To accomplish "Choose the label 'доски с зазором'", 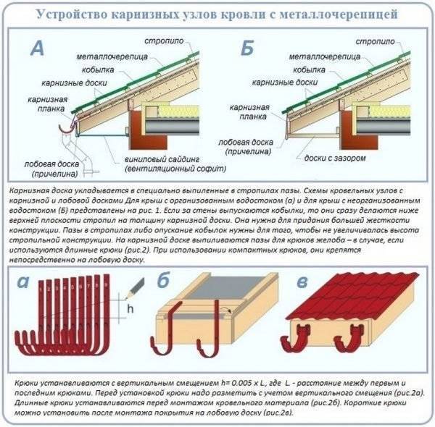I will click(x=328, y=158).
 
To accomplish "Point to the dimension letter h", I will click(x=131, y=308).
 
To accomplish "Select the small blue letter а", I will click(x=24, y=282).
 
